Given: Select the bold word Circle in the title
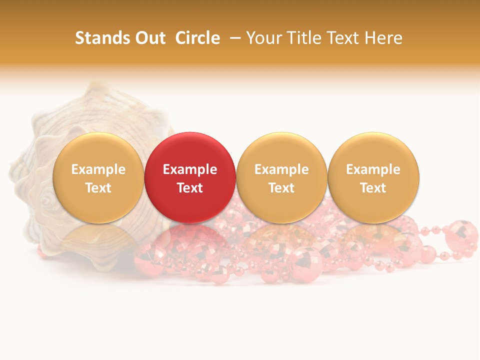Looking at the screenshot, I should click(197, 38).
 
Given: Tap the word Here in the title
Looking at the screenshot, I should click(383, 38).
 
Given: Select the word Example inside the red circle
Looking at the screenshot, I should click(190, 169).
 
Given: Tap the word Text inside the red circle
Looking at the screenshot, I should click(190, 188).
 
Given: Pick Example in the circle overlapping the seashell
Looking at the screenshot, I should click(98, 169).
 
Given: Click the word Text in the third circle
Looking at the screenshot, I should click(281, 188).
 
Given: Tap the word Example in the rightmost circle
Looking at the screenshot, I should click(373, 169).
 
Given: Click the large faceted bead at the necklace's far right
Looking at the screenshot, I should click(461, 234).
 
